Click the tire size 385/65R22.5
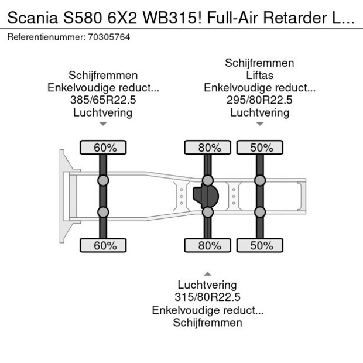click(x=103, y=100)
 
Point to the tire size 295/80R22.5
click(x=259, y=100)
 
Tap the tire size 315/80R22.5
click(x=207, y=297)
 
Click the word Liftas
click(x=259, y=76)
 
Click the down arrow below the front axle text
click(x=103, y=124)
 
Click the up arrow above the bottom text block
click(x=207, y=274)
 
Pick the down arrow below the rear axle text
click(x=259, y=124)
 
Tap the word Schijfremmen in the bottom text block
click(x=207, y=323)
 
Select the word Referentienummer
click(x=44, y=37)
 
